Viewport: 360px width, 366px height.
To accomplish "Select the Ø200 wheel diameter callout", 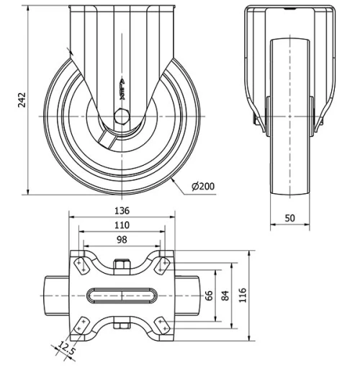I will click(x=204, y=187).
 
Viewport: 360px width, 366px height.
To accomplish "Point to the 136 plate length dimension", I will click(x=122, y=211).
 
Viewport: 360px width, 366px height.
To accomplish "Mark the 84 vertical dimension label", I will click(x=225, y=295).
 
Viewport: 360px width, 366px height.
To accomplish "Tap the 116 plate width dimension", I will click(x=243, y=295).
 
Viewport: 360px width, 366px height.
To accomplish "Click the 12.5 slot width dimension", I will click(x=66, y=349).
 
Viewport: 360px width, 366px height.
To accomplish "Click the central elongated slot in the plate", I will click(x=122, y=295).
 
